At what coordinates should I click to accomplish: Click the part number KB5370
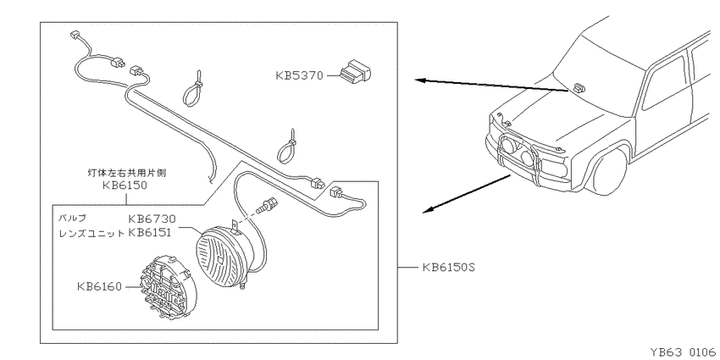299,75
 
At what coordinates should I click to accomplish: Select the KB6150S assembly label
448,267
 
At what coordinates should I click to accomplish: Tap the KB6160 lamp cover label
100,287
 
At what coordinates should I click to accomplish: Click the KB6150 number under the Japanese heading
125,185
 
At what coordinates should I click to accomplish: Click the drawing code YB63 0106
683,352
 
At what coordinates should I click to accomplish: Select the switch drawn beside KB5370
356,73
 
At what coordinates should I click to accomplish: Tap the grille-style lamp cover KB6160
169,286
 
